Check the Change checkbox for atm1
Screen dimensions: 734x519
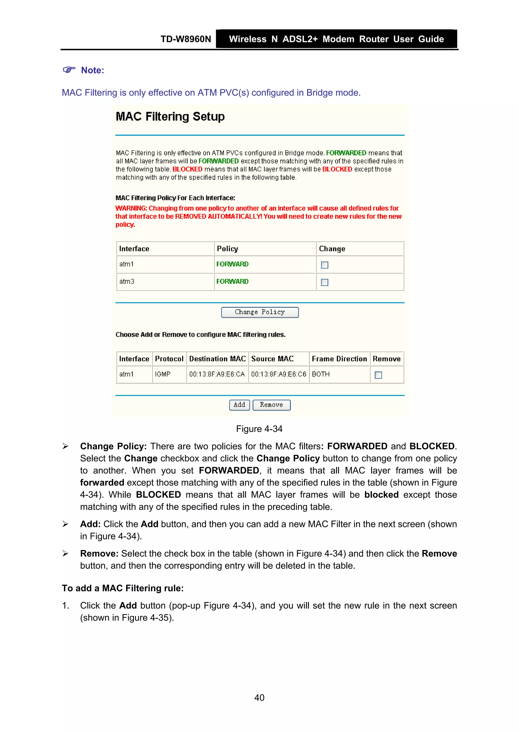click(324, 265)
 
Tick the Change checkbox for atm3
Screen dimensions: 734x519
click(324, 282)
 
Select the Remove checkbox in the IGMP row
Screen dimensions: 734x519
click(378, 375)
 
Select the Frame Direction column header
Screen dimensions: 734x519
click(339, 359)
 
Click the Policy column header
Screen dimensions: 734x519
click(227, 249)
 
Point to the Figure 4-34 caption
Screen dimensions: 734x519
click(259, 429)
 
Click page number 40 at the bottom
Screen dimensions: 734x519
click(259, 698)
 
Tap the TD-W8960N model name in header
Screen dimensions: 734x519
click(186, 39)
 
